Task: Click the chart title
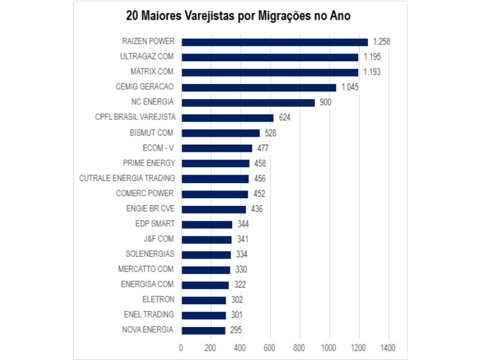[238, 16]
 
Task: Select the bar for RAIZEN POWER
[274, 42]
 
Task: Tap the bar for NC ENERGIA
[248, 103]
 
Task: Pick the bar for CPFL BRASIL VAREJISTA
[227, 118]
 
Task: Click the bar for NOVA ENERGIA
[203, 330]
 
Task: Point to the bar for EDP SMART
[206, 224]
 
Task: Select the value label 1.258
[382, 42]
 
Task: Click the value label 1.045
[350, 88]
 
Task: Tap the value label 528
[270, 133]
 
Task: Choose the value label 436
[256, 209]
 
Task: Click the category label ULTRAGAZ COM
[147, 57]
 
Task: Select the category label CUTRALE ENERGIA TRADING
[127, 178]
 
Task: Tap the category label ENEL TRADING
[149, 314]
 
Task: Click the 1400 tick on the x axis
[388, 347]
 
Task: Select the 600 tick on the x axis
[270, 347]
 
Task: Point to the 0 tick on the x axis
[181, 347]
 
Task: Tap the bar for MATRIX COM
[269, 72]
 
